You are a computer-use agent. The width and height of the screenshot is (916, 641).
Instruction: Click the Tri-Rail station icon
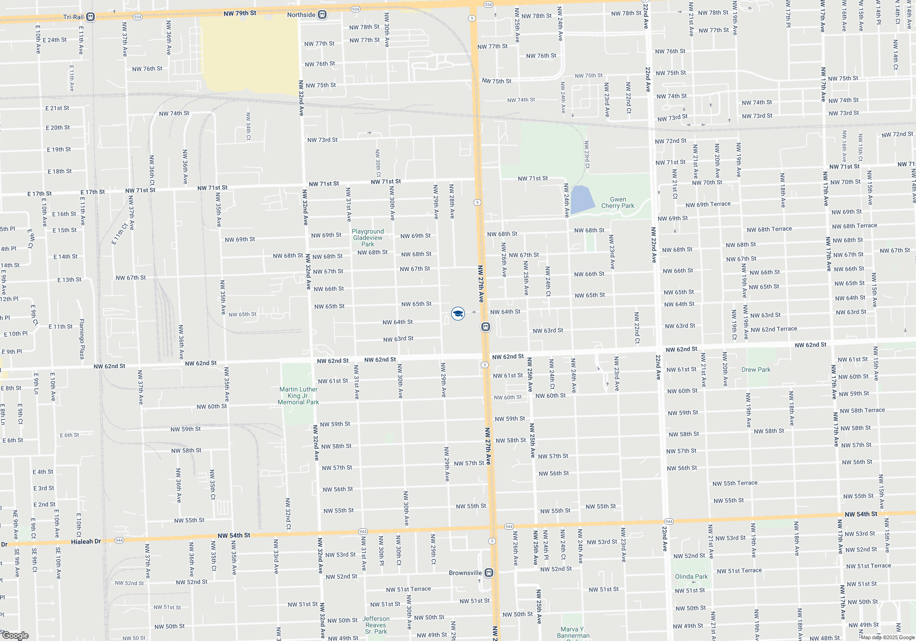[x=91, y=17]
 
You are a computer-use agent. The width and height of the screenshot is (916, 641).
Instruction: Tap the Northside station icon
[x=322, y=15]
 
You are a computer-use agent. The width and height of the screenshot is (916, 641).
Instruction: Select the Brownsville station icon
[x=489, y=573]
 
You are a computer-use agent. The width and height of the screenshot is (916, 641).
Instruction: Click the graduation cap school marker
[x=458, y=314]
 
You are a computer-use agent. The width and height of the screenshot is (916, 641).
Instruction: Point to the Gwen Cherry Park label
[x=617, y=202]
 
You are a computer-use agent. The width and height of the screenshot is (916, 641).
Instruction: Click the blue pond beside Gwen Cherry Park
[x=581, y=200]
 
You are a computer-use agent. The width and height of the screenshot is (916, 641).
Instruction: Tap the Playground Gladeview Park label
[x=368, y=238]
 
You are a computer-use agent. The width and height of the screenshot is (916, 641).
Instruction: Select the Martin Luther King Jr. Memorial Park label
[x=299, y=396]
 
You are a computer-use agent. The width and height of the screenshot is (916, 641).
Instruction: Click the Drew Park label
[x=756, y=369]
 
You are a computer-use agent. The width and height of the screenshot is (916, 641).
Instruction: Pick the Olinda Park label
[x=691, y=576]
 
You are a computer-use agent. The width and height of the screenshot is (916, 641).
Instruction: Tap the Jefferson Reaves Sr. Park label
[x=376, y=625]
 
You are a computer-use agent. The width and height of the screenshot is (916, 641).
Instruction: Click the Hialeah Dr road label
[x=86, y=542]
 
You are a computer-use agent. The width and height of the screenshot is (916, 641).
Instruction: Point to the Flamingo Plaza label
[x=82, y=339]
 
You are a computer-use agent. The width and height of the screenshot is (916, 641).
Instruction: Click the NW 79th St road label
[x=240, y=13]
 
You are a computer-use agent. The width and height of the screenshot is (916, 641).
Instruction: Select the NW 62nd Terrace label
[x=774, y=329]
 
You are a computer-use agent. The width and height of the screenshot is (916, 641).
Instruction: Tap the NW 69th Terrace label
[x=708, y=204]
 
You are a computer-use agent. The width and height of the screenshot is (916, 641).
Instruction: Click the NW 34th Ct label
[x=248, y=126]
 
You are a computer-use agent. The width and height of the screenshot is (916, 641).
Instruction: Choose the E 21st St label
[x=57, y=108]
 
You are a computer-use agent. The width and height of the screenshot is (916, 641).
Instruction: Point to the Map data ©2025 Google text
[x=887, y=637]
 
